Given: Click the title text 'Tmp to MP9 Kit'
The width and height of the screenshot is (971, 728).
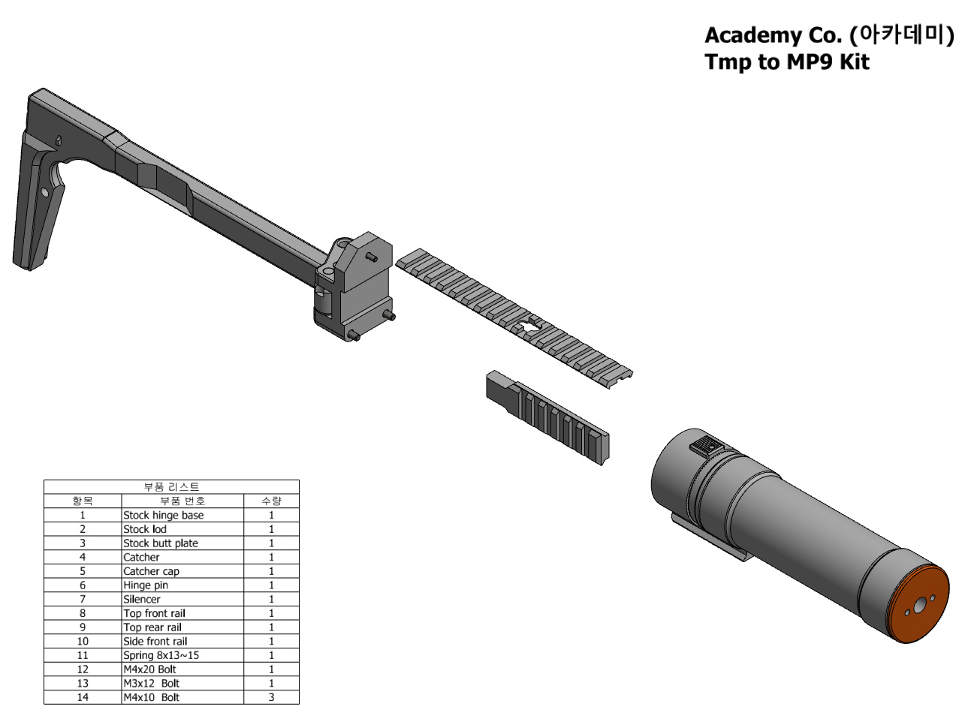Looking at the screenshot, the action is click(786, 62).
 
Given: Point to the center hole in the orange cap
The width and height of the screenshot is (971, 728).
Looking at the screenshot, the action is click(918, 606).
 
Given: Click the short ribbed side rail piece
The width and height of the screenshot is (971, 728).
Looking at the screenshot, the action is click(547, 417).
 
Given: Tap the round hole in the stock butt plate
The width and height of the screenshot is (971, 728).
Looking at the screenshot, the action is click(44, 193).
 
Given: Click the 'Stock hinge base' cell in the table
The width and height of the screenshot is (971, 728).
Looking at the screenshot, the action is click(182, 515).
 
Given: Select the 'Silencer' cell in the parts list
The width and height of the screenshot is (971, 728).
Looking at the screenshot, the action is click(182, 599).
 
